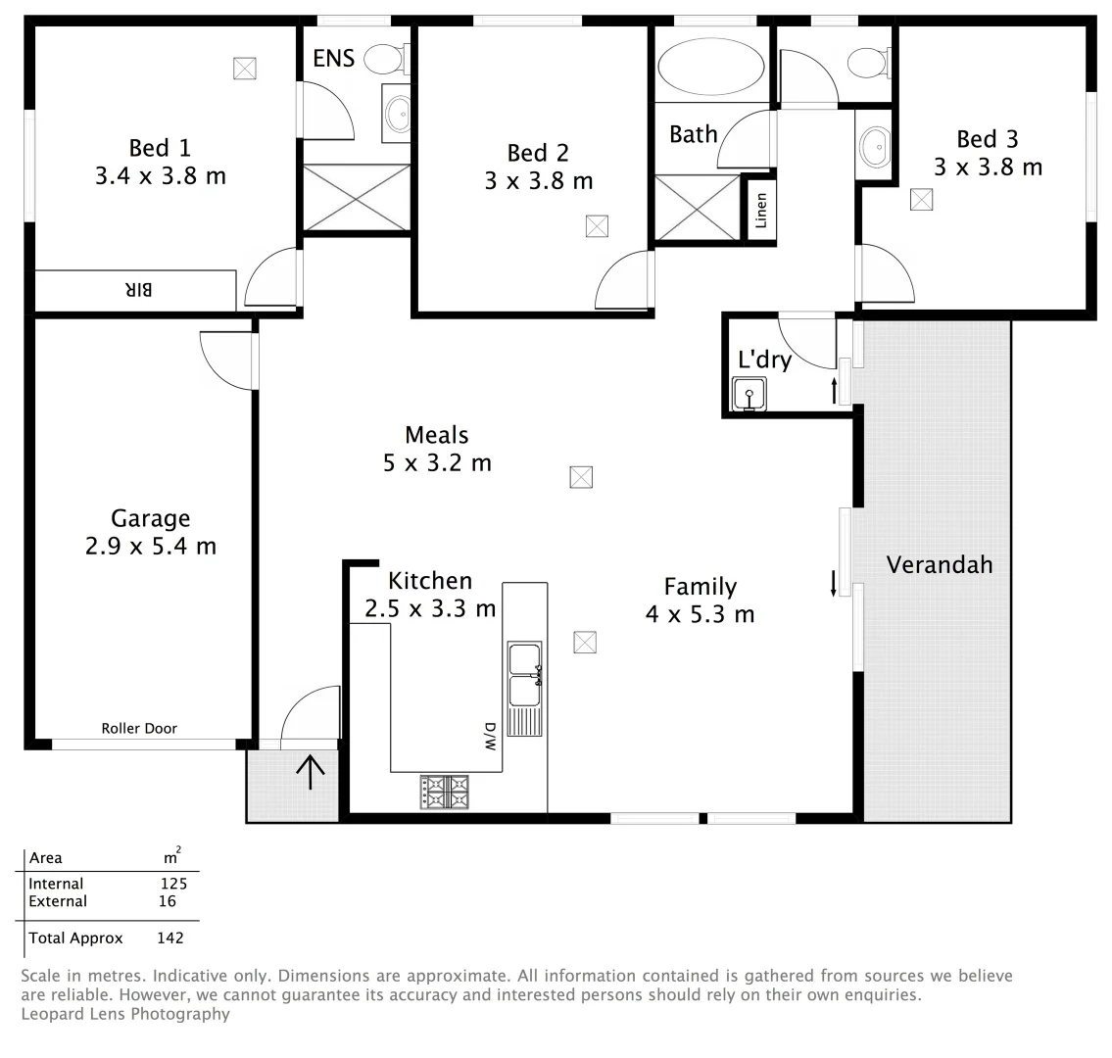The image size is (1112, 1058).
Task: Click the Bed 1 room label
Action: pos(160,148)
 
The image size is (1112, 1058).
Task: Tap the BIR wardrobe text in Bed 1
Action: pos(139,290)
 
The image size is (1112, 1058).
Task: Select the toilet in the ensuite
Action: pos(384,60)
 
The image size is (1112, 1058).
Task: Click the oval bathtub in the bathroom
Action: pos(710,68)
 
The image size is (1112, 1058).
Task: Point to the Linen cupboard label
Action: pos(761,209)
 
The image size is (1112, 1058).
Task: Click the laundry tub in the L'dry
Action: pos(749,395)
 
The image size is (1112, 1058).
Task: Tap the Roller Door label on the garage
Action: pos(139,728)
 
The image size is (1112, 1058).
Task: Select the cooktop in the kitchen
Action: pos(445,791)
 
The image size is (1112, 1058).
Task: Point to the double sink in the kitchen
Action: pos(525,675)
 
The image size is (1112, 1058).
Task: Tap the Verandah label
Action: pos(939,565)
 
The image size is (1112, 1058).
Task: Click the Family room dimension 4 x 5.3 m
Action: pos(700,614)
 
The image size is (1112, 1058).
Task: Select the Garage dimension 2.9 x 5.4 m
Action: pos(150,547)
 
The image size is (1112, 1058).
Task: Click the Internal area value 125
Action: pos(173,884)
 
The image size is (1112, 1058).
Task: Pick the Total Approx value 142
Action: pos(170,938)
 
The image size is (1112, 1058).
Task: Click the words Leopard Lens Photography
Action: pos(124,1014)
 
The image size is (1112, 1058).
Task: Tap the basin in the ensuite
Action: pos(399,114)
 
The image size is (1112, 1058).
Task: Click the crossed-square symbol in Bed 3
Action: pos(920,199)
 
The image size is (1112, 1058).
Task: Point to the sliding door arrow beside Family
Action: pos(834,583)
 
